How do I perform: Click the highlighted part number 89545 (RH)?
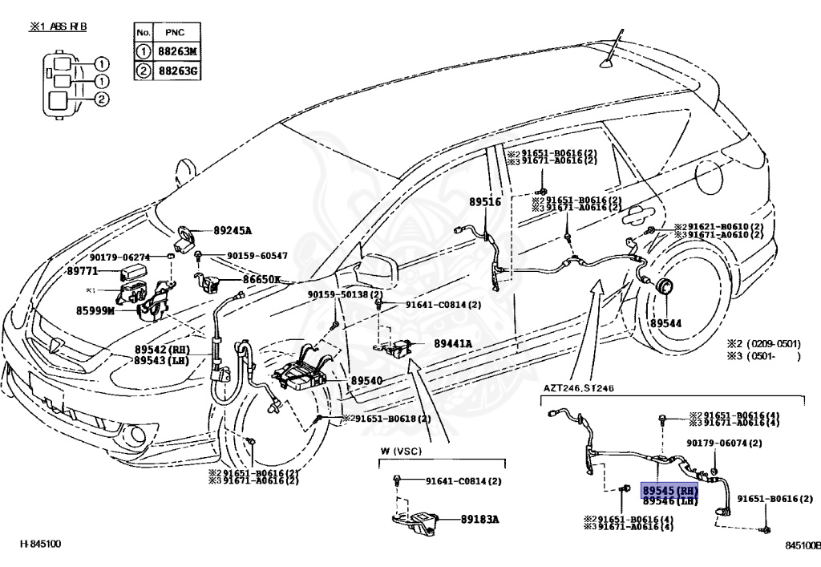coord(670,490)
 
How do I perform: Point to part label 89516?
coord(485,203)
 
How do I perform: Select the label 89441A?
coord(453,343)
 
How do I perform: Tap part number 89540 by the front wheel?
coord(366,381)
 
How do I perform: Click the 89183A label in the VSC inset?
coord(480,519)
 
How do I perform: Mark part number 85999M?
coord(95,310)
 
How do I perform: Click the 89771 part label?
coord(83,272)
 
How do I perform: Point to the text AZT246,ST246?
coord(579,388)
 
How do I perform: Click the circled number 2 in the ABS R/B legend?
coord(102,100)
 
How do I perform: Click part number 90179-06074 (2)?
coord(724,443)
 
